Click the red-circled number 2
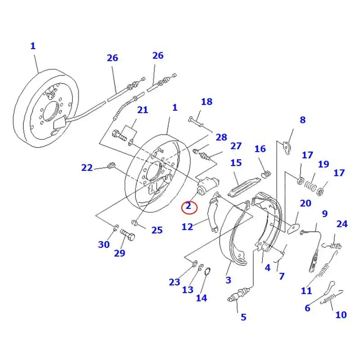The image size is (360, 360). pyautogui.click(x=189, y=207)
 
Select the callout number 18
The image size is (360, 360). pyautogui.click(x=206, y=102)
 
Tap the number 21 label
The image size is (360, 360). pyautogui.click(x=142, y=110)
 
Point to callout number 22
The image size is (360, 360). pyautogui.click(x=87, y=168)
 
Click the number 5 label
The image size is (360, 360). pyautogui.click(x=243, y=317)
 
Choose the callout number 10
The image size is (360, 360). pyautogui.click(x=341, y=315)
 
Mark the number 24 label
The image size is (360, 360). pyautogui.click(x=342, y=224)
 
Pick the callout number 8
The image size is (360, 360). pyautogui.click(x=302, y=120)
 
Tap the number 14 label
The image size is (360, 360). pyautogui.click(x=201, y=297)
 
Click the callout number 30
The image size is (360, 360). pyautogui.click(x=104, y=244)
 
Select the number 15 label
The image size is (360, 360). pyautogui.click(x=236, y=163)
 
